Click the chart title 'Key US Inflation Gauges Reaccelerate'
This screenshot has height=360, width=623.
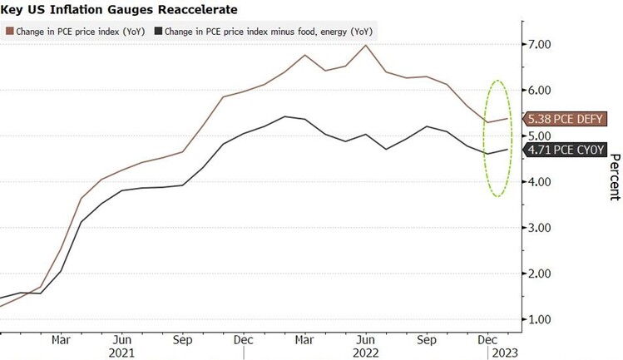(x=120, y=10)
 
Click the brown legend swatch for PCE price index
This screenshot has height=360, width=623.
(x=9, y=32)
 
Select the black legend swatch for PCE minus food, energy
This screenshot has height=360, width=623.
(x=160, y=32)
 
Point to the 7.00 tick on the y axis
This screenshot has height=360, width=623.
(x=541, y=43)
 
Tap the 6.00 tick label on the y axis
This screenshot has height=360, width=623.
(x=541, y=90)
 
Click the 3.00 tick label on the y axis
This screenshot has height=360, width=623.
(x=541, y=228)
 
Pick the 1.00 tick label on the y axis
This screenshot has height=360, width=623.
(x=541, y=319)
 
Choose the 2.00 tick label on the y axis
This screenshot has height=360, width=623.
(x=541, y=274)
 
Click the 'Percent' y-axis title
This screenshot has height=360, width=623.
(x=614, y=174)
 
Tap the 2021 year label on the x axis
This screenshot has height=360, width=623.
(x=121, y=353)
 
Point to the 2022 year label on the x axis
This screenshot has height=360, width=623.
(x=366, y=353)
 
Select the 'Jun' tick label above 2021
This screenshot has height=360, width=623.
(x=121, y=339)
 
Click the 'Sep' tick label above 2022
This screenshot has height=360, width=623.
(x=427, y=339)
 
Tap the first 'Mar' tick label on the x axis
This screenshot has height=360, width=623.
(x=60, y=339)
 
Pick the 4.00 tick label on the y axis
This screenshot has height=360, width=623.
(x=541, y=182)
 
